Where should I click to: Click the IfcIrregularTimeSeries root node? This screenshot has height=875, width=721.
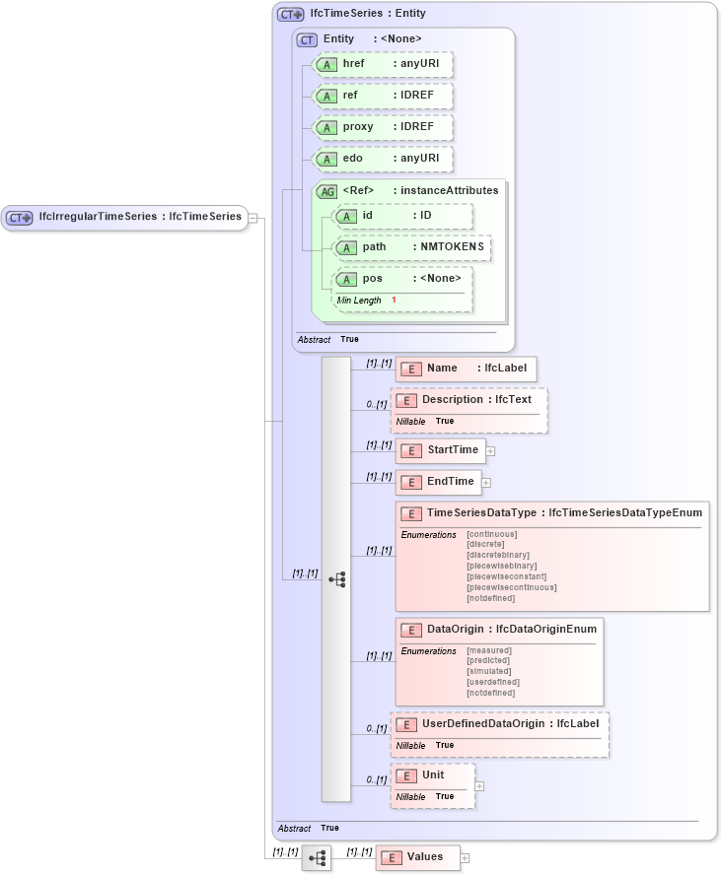point(124,217)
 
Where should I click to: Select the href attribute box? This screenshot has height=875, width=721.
point(383,65)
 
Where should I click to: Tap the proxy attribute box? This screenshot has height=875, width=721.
point(383,127)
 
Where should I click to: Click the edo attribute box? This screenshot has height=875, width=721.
point(383,159)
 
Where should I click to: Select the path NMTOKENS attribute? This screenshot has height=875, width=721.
point(412,247)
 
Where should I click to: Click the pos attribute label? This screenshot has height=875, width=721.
point(372,279)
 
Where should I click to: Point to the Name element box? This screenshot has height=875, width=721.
point(466,369)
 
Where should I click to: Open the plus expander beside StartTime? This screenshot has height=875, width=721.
point(490,451)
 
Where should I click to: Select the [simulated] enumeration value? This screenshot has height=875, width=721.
point(488,671)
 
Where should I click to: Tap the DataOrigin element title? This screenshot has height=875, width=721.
point(511,629)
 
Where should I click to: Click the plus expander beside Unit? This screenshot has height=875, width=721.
point(479,786)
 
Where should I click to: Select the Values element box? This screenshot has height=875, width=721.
point(417,857)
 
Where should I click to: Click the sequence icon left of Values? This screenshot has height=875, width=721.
point(317,858)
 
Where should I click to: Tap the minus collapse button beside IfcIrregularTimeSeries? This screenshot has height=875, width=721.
point(252,218)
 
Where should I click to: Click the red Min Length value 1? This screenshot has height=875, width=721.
point(394,301)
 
